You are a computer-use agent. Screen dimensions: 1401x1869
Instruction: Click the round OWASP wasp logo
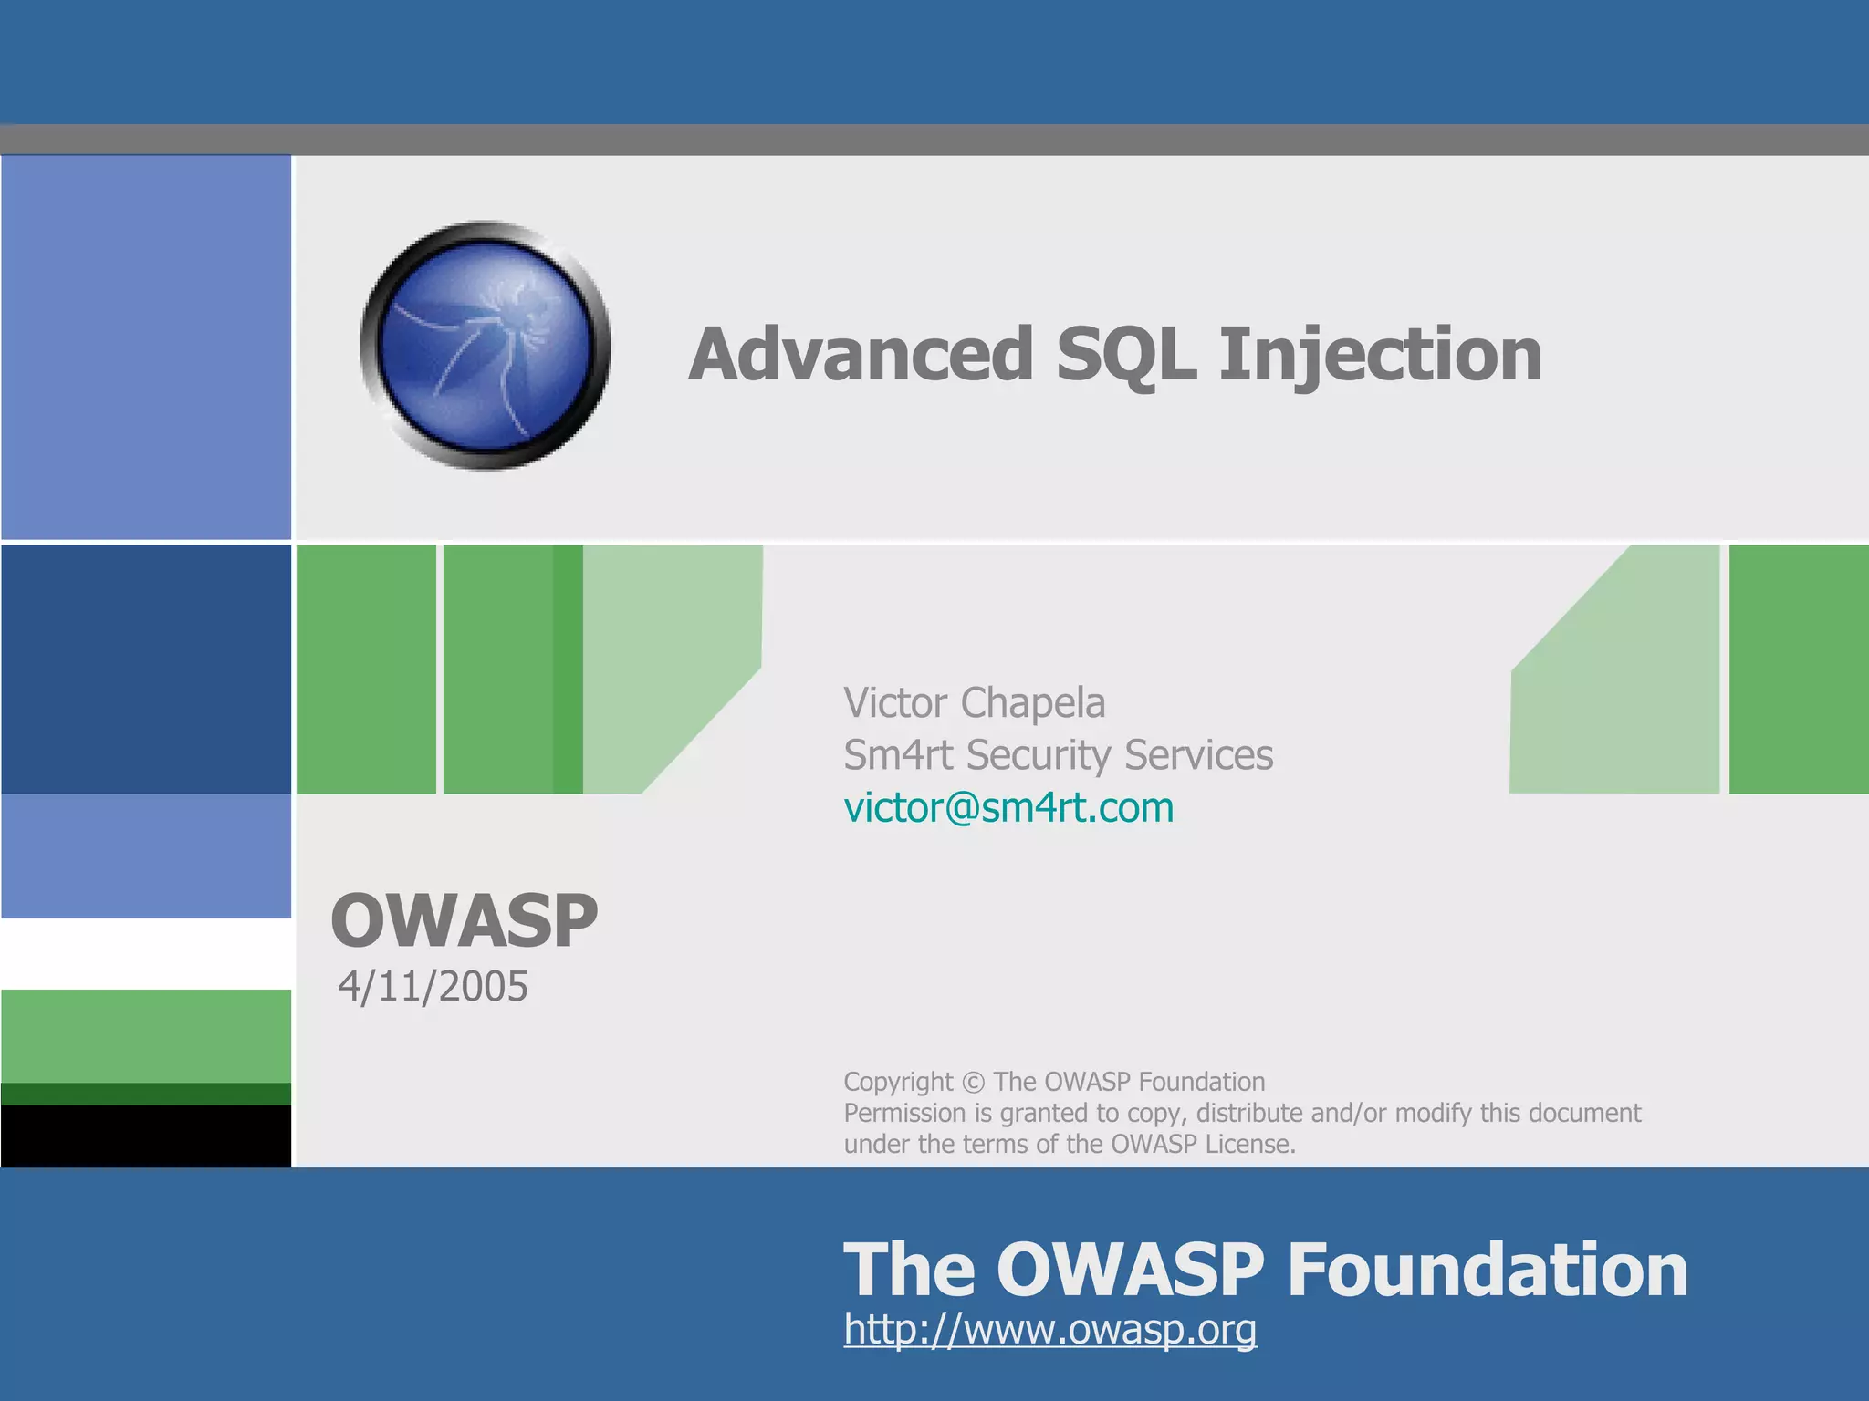click(x=485, y=346)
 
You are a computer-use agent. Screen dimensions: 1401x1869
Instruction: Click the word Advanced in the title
click(x=861, y=355)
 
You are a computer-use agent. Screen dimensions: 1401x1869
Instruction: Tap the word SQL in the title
click(x=1125, y=355)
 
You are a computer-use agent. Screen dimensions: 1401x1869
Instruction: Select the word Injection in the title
click(x=1380, y=355)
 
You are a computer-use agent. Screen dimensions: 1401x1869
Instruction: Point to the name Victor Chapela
click(x=974, y=702)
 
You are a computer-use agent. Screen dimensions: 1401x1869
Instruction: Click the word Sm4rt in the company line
click(x=898, y=755)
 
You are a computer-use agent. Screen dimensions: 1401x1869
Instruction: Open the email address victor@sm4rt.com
click(x=1008, y=808)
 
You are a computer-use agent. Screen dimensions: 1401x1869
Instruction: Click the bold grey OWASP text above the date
click(x=464, y=921)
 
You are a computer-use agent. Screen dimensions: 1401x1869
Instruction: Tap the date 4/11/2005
click(x=433, y=987)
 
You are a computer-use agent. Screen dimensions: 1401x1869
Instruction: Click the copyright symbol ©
click(x=973, y=1083)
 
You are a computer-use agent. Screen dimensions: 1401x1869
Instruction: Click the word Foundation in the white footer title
click(x=1487, y=1270)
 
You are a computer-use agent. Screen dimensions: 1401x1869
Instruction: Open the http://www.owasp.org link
click(x=1049, y=1329)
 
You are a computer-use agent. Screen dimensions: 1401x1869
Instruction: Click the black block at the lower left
click(x=146, y=1136)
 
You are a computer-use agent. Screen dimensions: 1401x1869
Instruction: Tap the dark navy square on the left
click(x=146, y=669)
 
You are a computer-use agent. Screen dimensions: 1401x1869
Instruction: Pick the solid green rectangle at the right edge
click(x=1798, y=669)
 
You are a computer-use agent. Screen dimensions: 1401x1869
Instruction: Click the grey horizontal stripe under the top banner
click(x=934, y=140)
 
